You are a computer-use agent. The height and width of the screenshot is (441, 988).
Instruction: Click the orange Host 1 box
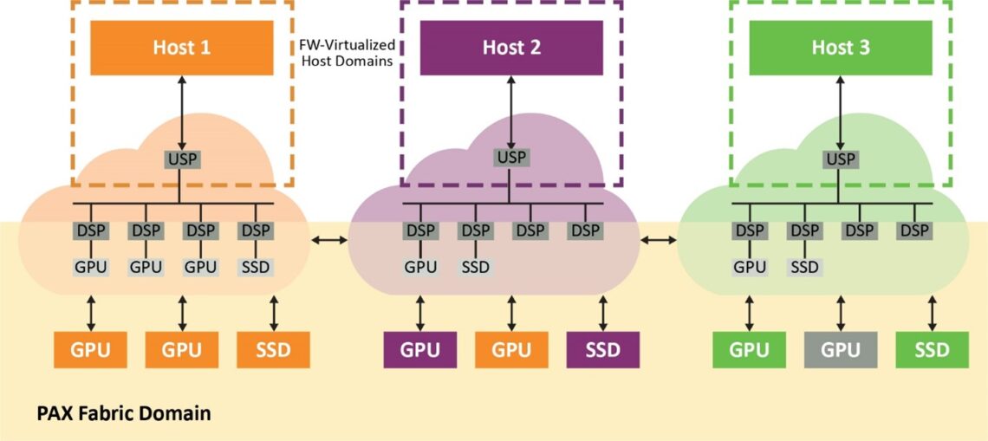181,47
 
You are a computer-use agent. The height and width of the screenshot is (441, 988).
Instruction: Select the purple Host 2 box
511,47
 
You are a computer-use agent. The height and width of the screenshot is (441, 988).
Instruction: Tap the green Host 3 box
841,47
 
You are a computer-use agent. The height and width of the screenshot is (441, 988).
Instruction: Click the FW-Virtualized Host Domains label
347,53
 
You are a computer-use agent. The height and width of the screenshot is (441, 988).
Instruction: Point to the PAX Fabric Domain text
123,413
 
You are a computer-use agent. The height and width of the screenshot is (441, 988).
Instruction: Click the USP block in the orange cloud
181,159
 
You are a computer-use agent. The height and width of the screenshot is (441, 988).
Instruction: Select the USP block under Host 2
511,158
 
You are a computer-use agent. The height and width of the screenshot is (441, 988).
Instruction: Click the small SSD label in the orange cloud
256,267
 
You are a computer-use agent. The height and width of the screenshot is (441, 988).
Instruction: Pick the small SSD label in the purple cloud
475,267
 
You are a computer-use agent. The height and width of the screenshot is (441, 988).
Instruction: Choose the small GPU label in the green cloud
750,267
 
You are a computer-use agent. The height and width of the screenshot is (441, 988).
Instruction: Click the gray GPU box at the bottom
840,350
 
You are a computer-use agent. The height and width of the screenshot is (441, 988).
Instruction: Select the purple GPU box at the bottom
420,350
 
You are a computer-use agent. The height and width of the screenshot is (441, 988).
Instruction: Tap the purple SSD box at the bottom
603,350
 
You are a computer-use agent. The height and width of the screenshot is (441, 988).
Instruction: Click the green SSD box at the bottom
932,350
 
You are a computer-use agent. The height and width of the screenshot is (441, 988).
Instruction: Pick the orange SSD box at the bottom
273,350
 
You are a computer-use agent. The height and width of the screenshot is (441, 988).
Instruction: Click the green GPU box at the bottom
749,350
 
